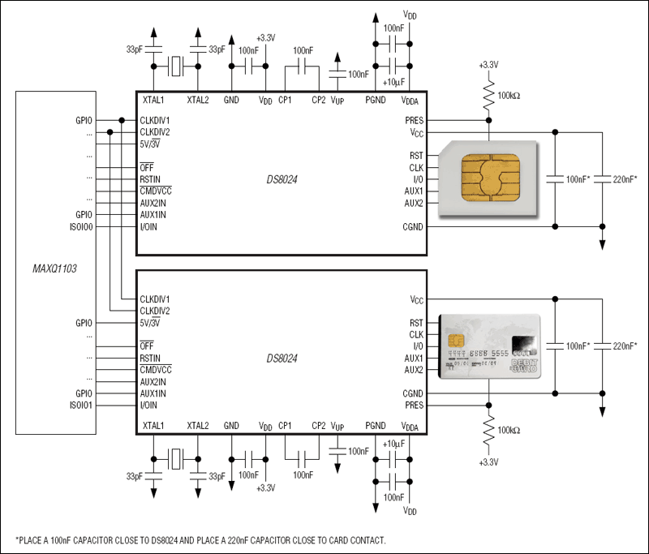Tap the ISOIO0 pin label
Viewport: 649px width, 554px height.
(x=83, y=227)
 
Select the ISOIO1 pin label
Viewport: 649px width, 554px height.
(x=83, y=405)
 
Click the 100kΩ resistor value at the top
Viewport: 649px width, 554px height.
(x=509, y=96)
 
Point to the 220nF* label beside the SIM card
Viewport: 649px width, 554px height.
(x=624, y=179)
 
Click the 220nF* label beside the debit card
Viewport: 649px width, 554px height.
(x=624, y=346)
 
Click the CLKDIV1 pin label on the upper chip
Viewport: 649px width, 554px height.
(x=154, y=121)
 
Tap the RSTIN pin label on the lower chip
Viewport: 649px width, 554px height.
(x=150, y=358)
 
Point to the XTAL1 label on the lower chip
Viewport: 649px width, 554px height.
(x=153, y=425)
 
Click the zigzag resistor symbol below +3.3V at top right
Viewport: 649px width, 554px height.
(x=488, y=96)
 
